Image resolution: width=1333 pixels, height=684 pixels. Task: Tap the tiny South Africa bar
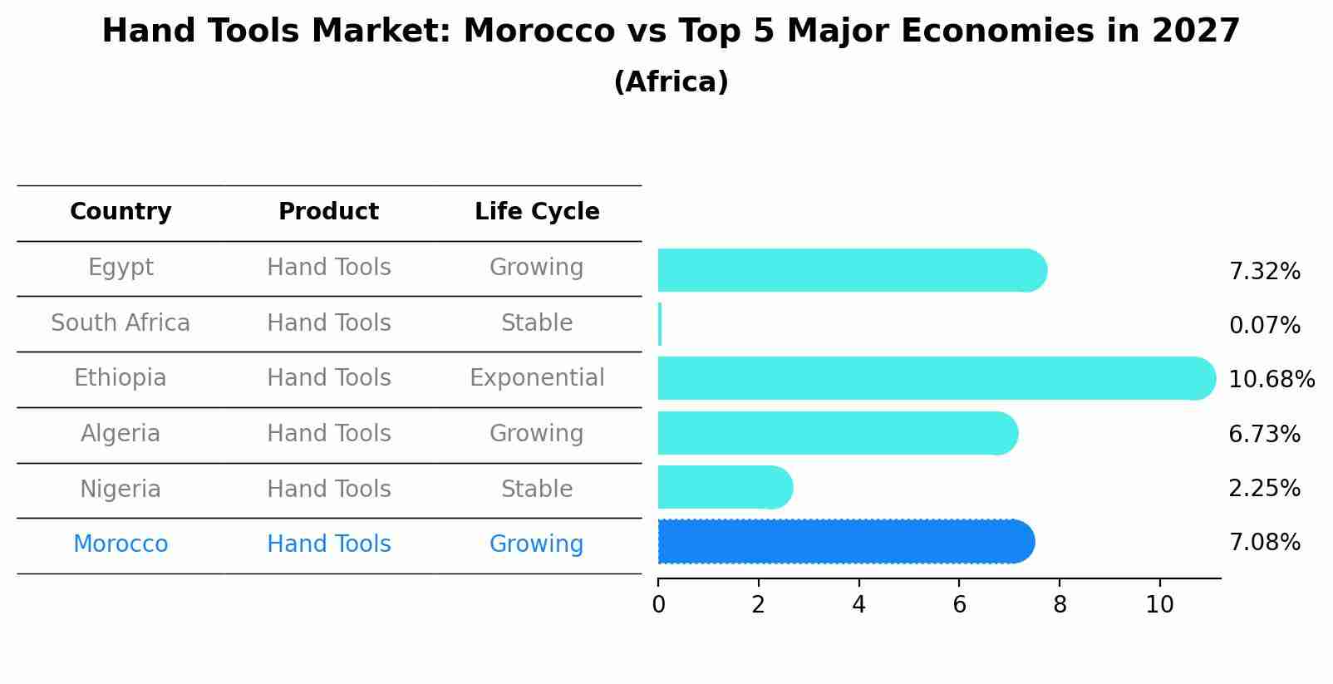coord(660,324)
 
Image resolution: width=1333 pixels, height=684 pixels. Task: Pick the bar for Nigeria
coord(723,487)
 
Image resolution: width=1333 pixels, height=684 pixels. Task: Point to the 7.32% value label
coord(1264,272)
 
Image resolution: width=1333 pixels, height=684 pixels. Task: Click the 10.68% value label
coord(1271,380)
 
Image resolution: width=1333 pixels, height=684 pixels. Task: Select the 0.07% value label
coord(1264,326)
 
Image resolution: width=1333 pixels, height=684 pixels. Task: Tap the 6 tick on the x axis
coord(959,605)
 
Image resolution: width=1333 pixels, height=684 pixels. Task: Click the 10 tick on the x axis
coord(1159,605)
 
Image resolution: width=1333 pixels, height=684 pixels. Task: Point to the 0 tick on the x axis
coord(658,605)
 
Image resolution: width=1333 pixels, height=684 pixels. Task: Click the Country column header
coord(121,212)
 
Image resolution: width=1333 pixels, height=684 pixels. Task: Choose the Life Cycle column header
coord(537,212)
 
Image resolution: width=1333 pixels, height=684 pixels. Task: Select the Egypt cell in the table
coord(121,268)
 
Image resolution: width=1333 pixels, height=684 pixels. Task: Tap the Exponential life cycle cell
coord(537,378)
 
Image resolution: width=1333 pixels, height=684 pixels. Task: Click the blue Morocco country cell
coord(121,544)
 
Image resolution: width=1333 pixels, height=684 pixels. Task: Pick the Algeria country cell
coord(121,434)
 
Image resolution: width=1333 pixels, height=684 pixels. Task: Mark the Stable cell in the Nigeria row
coord(537,489)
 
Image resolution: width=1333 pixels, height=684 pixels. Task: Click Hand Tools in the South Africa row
coord(329,322)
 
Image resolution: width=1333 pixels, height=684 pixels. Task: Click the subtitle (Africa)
coord(671,82)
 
